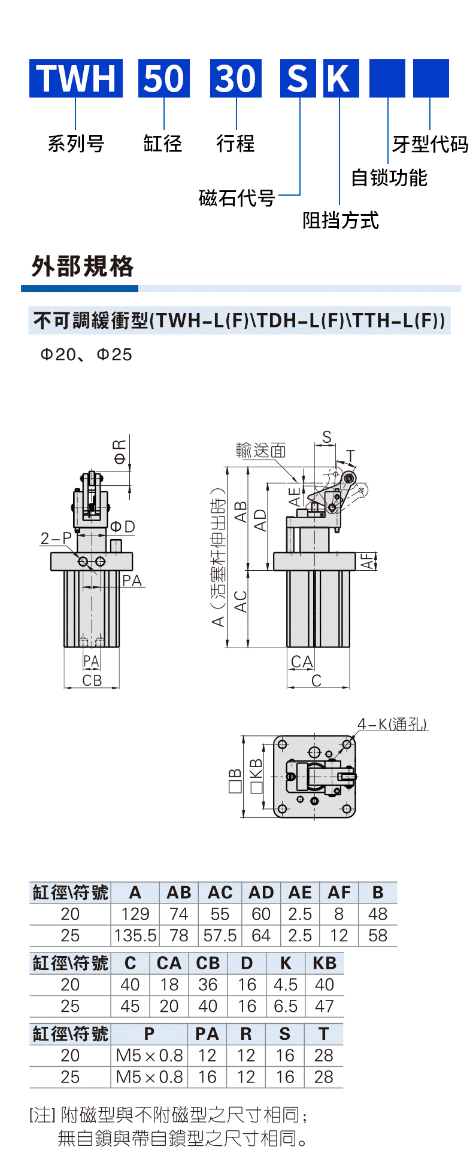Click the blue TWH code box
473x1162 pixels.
click(76, 78)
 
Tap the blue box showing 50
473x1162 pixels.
click(164, 78)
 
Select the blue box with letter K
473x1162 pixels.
click(341, 78)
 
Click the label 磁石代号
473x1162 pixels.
click(236, 197)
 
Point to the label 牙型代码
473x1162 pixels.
click(430, 144)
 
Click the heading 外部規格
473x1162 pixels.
click(83, 266)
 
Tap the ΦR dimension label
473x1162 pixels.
click(120, 452)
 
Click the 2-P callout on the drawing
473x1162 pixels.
click(56, 538)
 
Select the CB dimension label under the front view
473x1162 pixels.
click(92, 680)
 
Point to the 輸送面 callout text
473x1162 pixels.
click(261, 450)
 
